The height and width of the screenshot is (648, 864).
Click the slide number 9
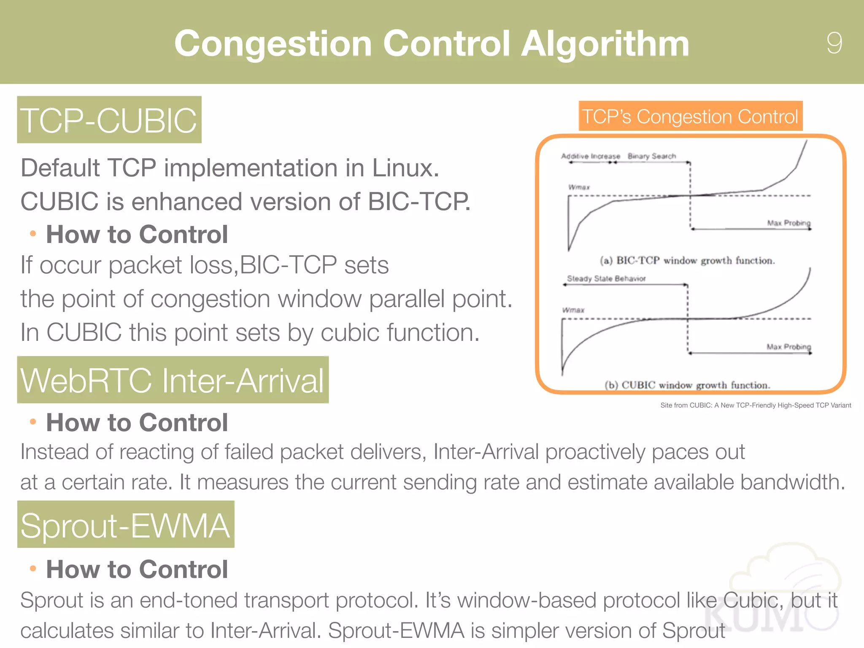tap(834, 43)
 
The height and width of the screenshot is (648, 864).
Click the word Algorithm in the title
tap(605, 44)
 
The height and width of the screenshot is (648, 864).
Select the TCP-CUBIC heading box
tap(109, 120)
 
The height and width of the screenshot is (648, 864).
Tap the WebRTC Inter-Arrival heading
tap(173, 380)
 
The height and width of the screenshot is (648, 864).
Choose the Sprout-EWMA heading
tap(125, 525)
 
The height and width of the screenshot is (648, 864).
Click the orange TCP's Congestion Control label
tap(690, 116)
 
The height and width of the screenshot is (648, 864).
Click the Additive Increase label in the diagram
tap(590, 156)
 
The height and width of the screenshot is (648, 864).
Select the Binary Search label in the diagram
tap(652, 156)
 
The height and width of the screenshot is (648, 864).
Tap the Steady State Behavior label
tap(606, 278)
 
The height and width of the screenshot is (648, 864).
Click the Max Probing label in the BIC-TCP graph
tap(788, 223)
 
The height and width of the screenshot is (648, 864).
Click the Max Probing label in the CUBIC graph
tap(788, 347)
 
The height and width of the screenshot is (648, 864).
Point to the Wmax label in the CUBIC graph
tap(573, 310)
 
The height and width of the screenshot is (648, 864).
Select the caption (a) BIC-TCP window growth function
tap(687, 260)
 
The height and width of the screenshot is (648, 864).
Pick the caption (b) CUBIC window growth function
tap(687, 385)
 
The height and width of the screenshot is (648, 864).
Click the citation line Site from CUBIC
tap(755, 405)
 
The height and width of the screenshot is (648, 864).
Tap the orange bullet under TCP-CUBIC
tap(33, 234)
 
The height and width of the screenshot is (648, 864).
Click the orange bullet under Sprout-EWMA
tap(33, 569)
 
